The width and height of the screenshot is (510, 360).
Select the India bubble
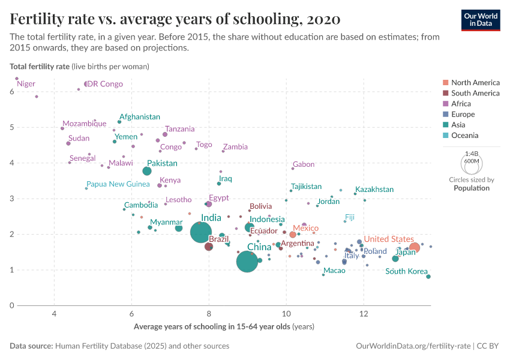click(202, 232)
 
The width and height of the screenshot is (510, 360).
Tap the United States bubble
click(415, 247)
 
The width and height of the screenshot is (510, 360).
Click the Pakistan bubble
click(147, 171)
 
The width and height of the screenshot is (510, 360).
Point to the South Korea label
click(406, 271)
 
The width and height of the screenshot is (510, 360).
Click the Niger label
click(26, 84)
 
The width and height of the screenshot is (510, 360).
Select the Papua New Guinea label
click(118, 184)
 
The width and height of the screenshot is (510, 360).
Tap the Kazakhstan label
click(374, 190)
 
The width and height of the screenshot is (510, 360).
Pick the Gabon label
click(303, 164)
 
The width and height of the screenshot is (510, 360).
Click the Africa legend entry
click(462, 104)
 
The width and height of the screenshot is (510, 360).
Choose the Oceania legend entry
click(466, 136)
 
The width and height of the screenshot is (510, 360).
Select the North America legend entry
click(475, 83)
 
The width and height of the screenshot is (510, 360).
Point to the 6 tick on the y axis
click(12, 92)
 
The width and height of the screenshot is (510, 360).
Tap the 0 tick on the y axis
click(12, 305)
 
